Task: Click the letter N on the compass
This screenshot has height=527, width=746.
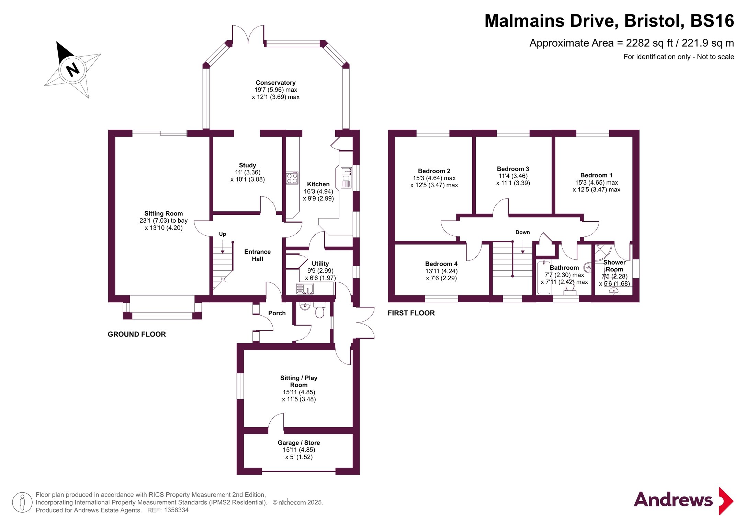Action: (x=72, y=70)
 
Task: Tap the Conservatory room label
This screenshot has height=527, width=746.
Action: (x=275, y=83)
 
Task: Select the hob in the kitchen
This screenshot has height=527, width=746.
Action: (x=292, y=178)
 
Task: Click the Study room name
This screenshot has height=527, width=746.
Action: (x=247, y=165)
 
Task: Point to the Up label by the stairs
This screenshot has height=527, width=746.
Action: (x=223, y=234)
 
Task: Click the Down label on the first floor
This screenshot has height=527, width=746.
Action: (x=522, y=232)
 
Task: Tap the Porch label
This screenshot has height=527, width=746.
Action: (x=277, y=313)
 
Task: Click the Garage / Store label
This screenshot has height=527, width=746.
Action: (x=299, y=443)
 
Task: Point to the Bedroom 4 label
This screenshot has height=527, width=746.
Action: (x=441, y=264)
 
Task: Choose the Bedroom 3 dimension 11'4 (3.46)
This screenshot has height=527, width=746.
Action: (x=513, y=176)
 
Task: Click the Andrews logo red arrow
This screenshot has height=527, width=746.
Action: (x=726, y=501)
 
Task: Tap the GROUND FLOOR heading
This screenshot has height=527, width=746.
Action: (x=137, y=334)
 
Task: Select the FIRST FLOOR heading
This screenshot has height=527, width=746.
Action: (x=411, y=313)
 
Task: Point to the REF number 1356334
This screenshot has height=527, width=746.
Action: (x=176, y=510)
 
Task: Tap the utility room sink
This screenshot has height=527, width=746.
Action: (x=305, y=289)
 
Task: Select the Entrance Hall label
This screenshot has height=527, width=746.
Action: (x=257, y=255)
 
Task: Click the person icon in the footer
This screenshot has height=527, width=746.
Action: (x=22, y=502)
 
